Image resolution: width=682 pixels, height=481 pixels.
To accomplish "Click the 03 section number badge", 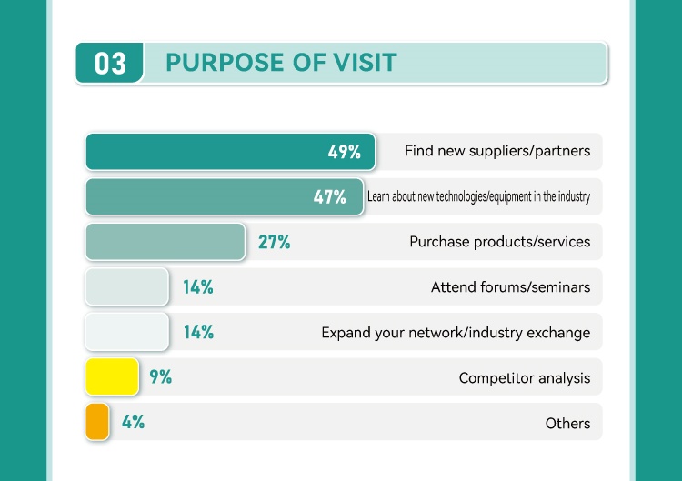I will pyautogui.click(x=110, y=63).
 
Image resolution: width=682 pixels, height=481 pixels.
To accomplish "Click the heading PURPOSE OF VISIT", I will pyautogui.click(x=281, y=62).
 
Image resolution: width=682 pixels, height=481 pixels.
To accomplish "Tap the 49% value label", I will pyautogui.click(x=345, y=152).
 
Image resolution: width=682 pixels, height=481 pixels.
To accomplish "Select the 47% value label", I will pyautogui.click(x=330, y=197).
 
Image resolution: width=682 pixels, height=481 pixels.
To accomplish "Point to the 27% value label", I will pyautogui.click(x=274, y=242).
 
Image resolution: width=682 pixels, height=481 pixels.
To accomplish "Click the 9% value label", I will pyautogui.click(x=161, y=376).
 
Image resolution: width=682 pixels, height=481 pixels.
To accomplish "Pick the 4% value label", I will pyautogui.click(x=133, y=422).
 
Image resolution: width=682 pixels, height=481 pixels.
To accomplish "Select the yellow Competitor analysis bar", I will pyautogui.click(x=112, y=376).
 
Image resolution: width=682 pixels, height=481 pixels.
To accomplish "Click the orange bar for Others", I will pyautogui.click(x=97, y=422).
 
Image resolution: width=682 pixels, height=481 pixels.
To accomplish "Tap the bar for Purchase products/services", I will pyautogui.click(x=165, y=242).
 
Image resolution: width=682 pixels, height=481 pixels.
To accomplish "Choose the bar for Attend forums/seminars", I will pyautogui.click(x=126, y=287).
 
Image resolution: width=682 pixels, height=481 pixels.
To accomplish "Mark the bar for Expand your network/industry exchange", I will pyautogui.click(x=126, y=332).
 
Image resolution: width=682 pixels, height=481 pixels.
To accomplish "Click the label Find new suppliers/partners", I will pyautogui.click(x=497, y=151).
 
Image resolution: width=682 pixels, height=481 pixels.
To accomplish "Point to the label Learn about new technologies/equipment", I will pyautogui.click(x=478, y=196).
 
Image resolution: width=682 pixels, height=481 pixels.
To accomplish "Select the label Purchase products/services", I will pyautogui.click(x=499, y=242).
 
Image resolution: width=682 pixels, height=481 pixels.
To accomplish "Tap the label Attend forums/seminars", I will pyautogui.click(x=510, y=287).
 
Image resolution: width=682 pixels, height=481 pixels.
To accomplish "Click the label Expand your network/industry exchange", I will pyautogui.click(x=456, y=333).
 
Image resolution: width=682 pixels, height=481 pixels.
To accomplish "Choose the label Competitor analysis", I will pyautogui.click(x=525, y=377).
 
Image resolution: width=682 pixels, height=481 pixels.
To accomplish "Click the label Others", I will pyautogui.click(x=567, y=423).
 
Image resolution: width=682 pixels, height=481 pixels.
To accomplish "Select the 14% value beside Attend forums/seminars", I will pyautogui.click(x=198, y=287).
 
